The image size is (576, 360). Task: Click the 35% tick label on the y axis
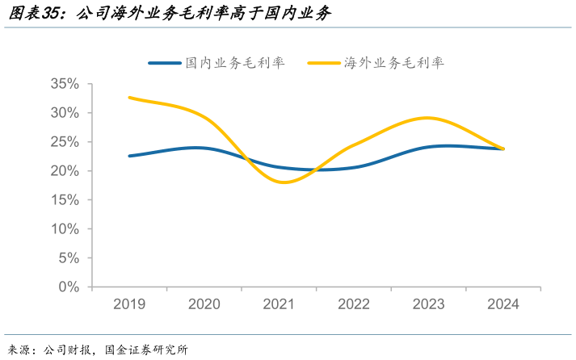(65, 84)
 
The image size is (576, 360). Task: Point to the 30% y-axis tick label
(65, 113)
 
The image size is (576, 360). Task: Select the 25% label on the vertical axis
(65, 142)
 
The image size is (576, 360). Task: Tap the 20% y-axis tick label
(65, 171)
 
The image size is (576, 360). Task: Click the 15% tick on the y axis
(65, 200)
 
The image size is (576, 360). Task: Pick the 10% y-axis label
(65, 229)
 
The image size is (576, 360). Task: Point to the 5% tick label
(69, 258)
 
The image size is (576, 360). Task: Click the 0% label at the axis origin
(69, 287)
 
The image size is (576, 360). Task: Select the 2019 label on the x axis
(129, 304)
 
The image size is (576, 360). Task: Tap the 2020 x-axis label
(204, 304)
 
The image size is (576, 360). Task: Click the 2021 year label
(279, 304)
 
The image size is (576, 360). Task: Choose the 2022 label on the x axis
(354, 304)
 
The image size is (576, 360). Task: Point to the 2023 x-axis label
(429, 304)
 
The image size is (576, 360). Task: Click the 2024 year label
(503, 304)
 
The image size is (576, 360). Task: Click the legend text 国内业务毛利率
(235, 63)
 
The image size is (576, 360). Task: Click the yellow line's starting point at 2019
(129, 98)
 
